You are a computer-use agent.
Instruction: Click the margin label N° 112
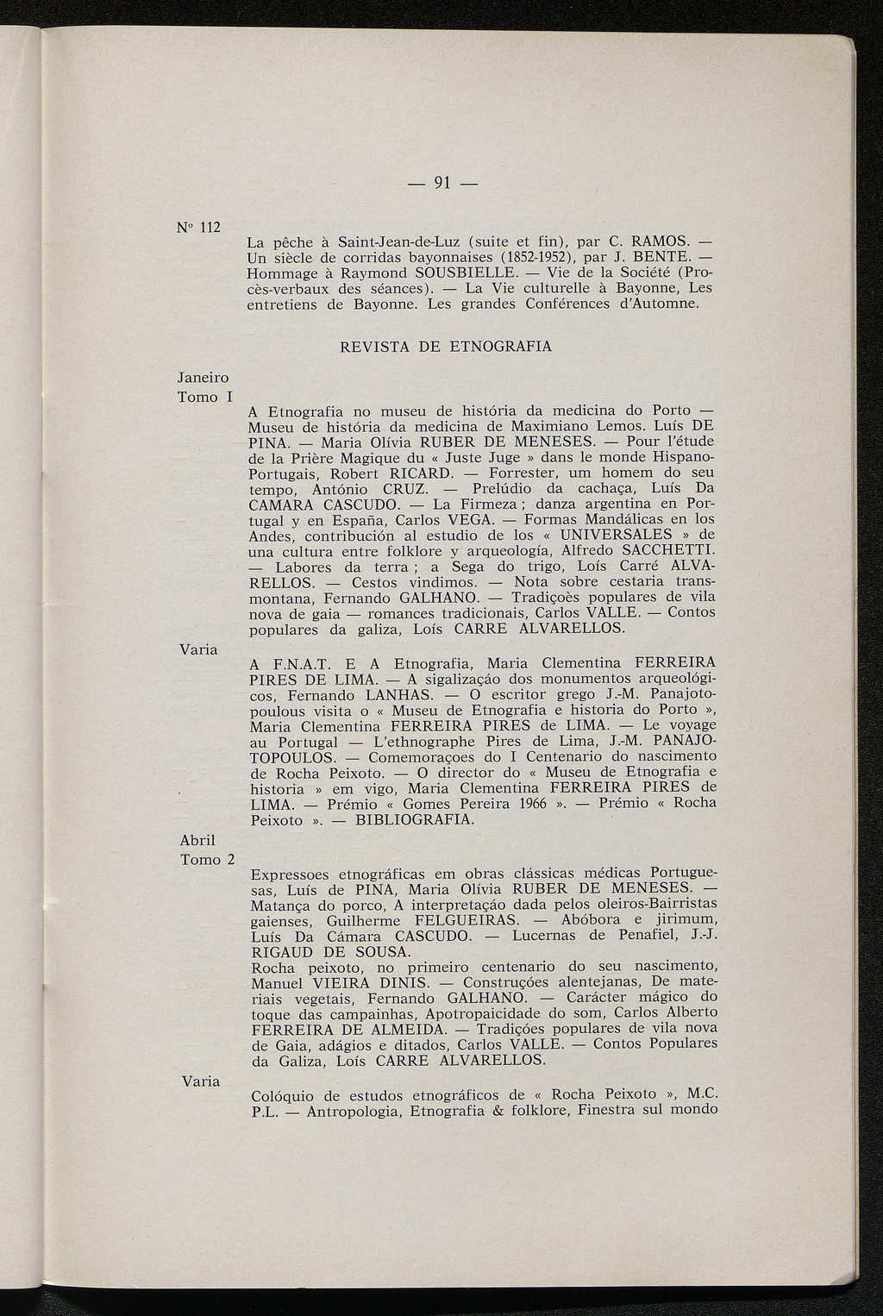[198, 228]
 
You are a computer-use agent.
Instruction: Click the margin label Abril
[197, 840]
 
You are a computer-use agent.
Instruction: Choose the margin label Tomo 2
[207, 860]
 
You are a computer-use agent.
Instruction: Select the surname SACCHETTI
[667, 551]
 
